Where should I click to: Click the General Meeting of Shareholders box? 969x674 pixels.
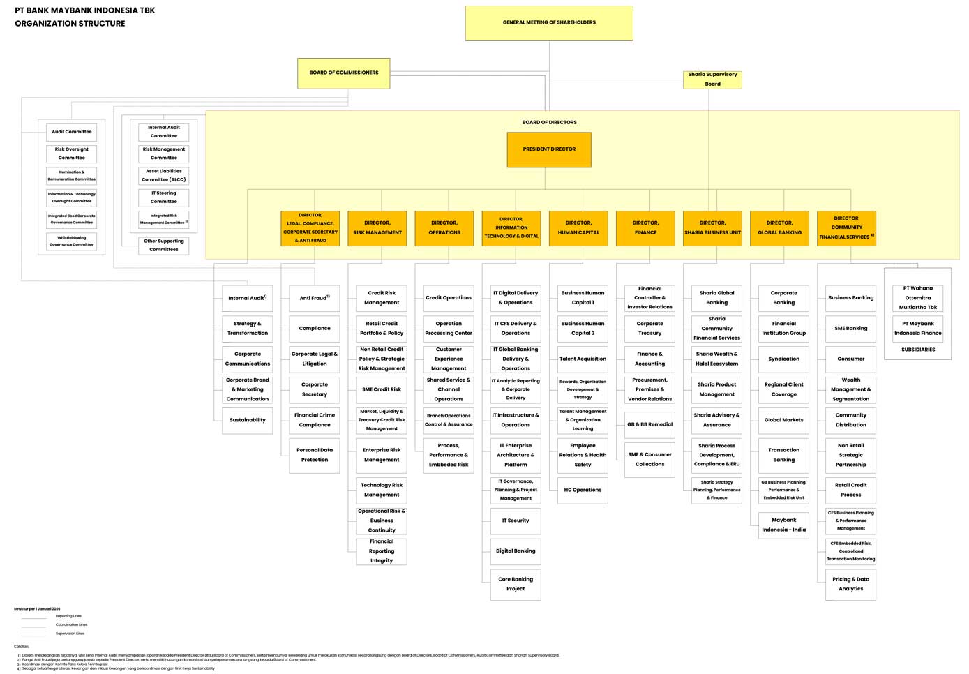click(x=549, y=23)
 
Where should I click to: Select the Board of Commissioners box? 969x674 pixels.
click(x=343, y=73)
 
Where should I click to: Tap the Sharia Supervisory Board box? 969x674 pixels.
click(x=712, y=80)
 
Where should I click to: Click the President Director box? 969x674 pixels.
click(x=549, y=149)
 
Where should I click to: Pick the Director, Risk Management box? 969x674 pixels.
click(x=377, y=228)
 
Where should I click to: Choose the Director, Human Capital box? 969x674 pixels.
click(x=578, y=228)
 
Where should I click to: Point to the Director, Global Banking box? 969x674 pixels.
click(x=779, y=228)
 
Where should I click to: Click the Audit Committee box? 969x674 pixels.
click(x=72, y=132)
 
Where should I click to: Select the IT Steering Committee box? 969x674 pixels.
click(x=164, y=197)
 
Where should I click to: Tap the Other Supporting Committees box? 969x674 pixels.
click(x=164, y=246)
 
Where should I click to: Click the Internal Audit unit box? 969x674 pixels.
click(x=248, y=298)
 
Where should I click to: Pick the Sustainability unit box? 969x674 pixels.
click(x=248, y=420)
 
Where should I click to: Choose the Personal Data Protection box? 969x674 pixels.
click(x=315, y=455)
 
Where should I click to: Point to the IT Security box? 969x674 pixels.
click(x=516, y=521)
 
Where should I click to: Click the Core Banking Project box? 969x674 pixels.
click(x=516, y=584)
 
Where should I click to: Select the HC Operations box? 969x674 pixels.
click(x=583, y=490)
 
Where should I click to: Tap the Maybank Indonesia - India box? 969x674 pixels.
click(x=783, y=525)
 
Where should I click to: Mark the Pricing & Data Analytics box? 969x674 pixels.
click(x=850, y=584)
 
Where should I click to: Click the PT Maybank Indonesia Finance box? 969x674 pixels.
click(x=917, y=329)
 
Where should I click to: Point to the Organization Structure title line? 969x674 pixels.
click(x=70, y=24)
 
